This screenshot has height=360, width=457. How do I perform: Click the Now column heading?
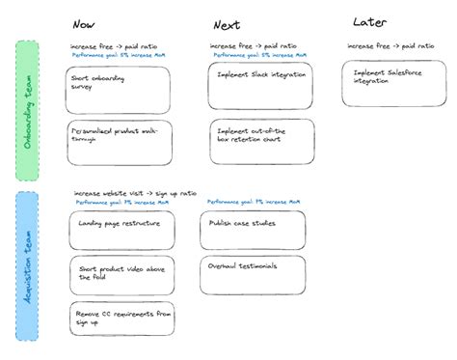[85, 24]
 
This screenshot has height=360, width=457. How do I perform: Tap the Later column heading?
[370, 21]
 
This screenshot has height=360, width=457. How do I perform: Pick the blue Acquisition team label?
[27, 264]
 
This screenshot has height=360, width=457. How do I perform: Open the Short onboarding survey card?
[120, 88]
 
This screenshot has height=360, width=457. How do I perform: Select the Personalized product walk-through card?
[120, 142]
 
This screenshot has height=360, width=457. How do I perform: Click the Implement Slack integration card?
[260, 87]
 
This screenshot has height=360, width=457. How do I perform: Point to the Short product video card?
[121, 275]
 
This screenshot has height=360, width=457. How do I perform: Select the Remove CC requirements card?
[121, 319]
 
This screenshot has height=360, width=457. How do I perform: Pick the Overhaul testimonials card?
[253, 274]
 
